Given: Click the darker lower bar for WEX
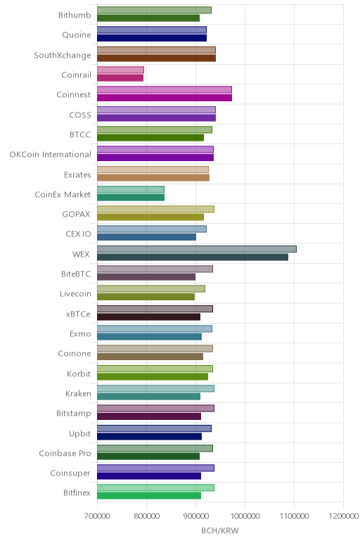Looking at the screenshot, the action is (193, 257).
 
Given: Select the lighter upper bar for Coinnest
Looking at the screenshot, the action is (165, 90).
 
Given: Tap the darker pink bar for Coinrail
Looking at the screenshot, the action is (120, 78).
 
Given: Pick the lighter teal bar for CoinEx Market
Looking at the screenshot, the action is (131, 189).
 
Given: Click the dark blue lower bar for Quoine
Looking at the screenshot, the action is (152, 38).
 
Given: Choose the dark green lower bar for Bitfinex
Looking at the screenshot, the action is (149, 496).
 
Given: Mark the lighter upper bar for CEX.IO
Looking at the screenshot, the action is (152, 229).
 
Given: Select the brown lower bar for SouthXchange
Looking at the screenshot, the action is (157, 58).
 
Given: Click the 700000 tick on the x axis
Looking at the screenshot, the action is (97, 516).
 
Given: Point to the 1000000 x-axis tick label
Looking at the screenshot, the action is (245, 516).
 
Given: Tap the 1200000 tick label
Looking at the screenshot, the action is (344, 516).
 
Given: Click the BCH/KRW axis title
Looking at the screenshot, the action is (220, 530).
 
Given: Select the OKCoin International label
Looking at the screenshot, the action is (51, 155).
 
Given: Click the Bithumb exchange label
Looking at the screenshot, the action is (75, 15).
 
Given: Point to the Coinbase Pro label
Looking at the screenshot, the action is (65, 453).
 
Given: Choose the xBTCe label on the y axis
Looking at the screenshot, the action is (78, 314).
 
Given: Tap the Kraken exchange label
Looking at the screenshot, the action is (78, 393).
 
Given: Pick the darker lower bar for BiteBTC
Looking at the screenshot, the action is (146, 277).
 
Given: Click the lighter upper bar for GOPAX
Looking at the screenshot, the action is (156, 209).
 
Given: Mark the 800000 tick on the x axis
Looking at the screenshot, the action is (146, 516).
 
